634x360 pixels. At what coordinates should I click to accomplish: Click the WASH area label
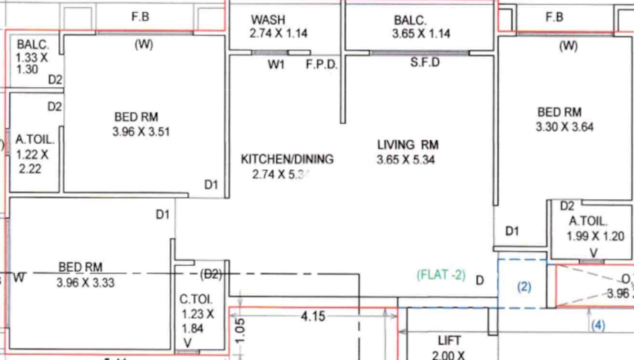coord(268,19)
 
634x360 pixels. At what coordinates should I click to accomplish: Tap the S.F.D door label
coord(425,62)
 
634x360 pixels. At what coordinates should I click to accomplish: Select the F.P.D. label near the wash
coord(322,64)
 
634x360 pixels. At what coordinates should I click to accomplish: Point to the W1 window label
coord(276,64)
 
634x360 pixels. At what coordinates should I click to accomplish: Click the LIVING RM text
coord(408,145)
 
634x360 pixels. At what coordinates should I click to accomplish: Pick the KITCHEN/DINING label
coord(287,159)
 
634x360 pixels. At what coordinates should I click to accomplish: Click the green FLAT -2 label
coord(441,275)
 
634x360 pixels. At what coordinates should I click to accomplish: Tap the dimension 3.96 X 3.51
coord(141,132)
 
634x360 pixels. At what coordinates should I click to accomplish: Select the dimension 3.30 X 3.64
coord(564,127)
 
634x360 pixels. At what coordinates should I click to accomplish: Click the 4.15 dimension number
coord(313,316)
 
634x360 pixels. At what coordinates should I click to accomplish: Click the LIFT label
coord(449,340)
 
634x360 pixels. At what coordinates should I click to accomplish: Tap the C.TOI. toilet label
coord(196,299)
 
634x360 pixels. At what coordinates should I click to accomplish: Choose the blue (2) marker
coord(524,287)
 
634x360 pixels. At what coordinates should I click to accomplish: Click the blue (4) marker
coord(598,325)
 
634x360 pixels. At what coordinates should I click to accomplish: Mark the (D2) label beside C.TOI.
coord(211,274)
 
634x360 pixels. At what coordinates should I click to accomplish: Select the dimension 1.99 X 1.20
coord(595,236)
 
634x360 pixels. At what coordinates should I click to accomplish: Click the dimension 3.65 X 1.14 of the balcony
coord(421,34)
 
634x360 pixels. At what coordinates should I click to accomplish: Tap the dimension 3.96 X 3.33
coord(85,283)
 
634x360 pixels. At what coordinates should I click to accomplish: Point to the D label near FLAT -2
coord(480,280)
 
